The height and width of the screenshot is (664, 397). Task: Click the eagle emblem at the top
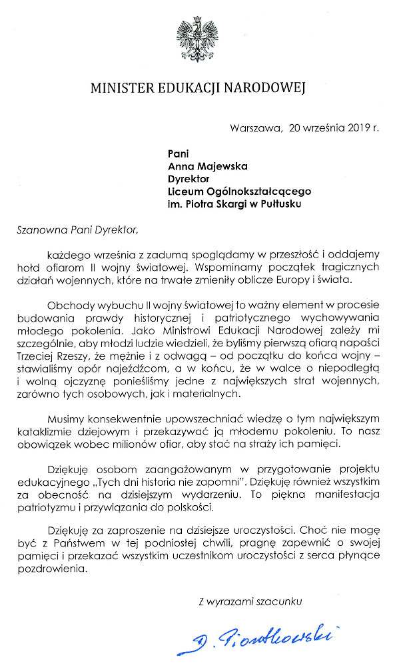click(198, 39)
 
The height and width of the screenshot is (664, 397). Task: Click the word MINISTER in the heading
click(122, 87)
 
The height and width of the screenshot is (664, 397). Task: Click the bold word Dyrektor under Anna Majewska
click(189, 178)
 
